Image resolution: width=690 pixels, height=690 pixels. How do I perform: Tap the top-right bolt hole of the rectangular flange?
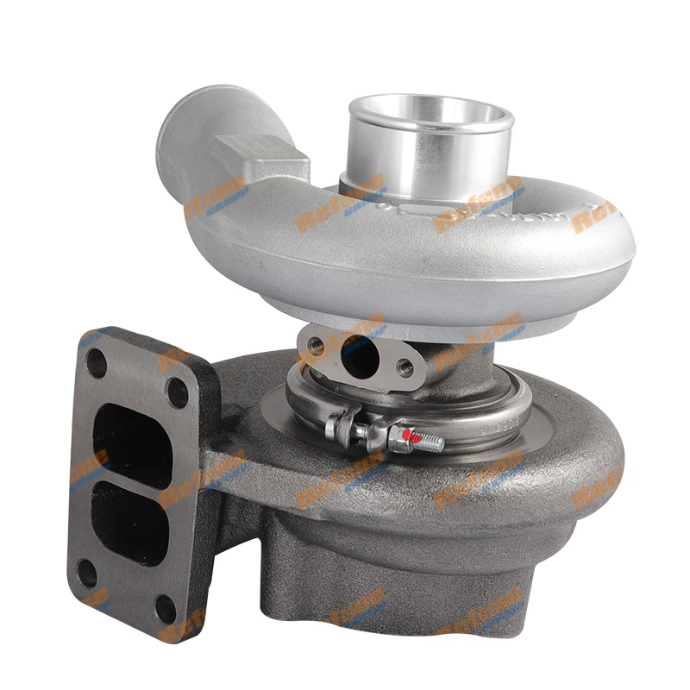tap(178, 392)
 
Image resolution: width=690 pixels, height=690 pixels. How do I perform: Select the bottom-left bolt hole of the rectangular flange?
tap(86, 574)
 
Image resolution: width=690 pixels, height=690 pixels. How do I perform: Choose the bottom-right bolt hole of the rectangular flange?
tap(166, 608)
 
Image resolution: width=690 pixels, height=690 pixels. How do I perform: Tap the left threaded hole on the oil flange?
tap(311, 345)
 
